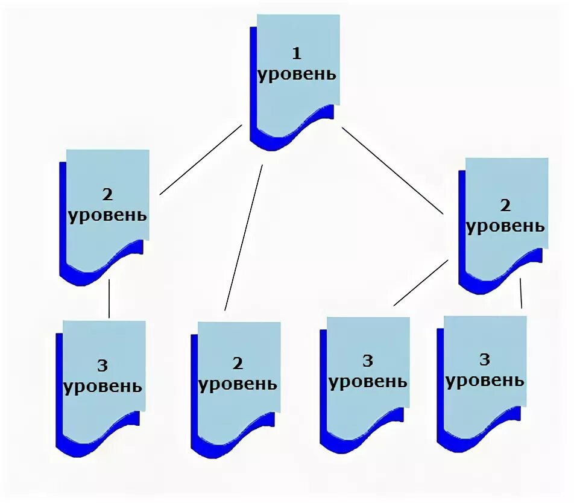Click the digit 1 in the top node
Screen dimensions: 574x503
[x=296, y=54]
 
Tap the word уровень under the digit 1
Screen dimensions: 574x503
[x=297, y=75]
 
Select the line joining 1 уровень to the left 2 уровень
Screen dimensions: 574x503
[x=200, y=160]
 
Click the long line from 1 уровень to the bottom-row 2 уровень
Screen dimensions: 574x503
[x=244, y=238]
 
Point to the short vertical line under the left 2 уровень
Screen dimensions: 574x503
[x=109, y=298]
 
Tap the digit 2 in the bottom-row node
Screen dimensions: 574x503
[x=238, y=363]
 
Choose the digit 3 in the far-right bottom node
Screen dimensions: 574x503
[x=484, y=360]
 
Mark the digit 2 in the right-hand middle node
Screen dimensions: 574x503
[x=505, y=206]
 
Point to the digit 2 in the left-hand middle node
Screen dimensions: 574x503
[x=107, y=195]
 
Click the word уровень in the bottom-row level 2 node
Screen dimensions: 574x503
[x=238, y=384]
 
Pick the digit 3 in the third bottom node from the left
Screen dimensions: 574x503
[x=368, y=361]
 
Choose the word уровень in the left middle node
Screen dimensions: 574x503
[x=108, y=215]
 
